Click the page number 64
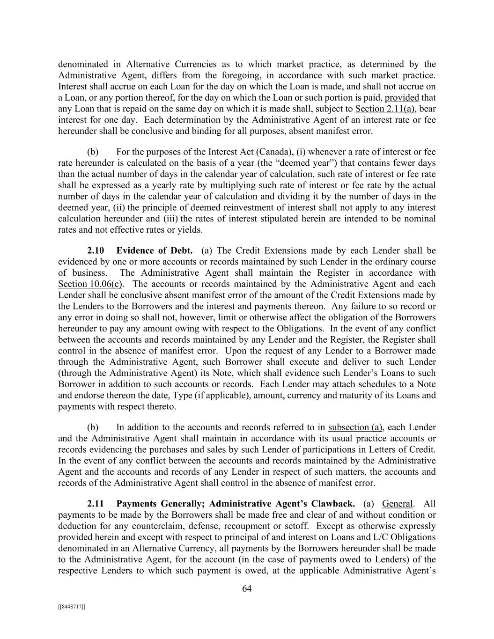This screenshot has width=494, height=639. pos(247,588)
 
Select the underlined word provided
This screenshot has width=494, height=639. pos(402,98)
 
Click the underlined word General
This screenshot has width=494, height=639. pos(398,504)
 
